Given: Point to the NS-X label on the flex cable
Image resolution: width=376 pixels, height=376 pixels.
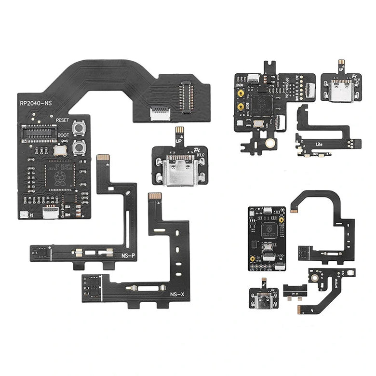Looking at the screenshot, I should [176, 294].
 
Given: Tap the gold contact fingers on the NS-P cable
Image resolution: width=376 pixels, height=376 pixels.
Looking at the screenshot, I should [103, 158].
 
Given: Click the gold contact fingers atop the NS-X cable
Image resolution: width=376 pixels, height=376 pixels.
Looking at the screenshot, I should [154, 197].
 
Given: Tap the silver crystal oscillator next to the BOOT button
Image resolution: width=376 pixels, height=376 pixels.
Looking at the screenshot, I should [61, 150].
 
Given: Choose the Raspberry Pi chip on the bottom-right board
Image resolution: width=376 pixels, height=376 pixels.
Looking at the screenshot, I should [268, 230].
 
